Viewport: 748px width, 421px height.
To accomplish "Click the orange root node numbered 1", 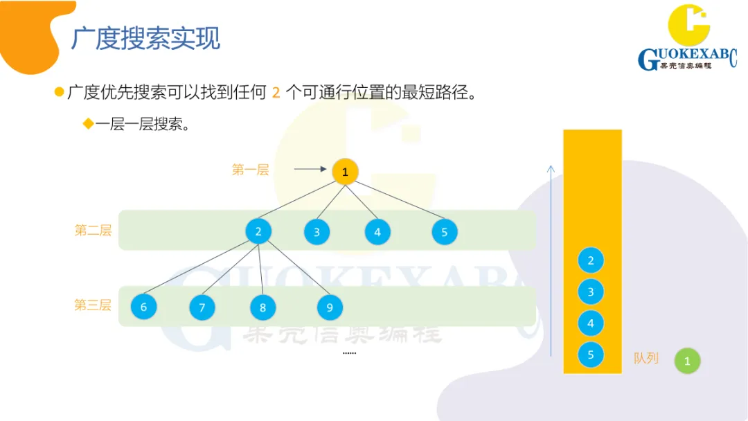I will click(345, 172).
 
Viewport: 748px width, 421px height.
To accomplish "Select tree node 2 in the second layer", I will click(258, 231).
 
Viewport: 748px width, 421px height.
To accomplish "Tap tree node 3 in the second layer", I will click(317, 232).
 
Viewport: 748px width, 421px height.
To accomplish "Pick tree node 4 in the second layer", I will click(377, 232).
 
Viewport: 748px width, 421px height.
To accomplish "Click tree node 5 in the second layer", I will click(445, 232).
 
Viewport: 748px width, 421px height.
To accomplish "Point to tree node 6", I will click(143, 307).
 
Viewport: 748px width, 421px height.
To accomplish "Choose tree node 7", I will click(202, 307).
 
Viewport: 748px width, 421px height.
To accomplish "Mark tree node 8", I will click(263, 307).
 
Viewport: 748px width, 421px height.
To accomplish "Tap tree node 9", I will click(330, 307).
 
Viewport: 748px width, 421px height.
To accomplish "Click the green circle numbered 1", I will click(687, 361).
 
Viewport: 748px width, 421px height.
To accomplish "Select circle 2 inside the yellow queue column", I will click(591, 261).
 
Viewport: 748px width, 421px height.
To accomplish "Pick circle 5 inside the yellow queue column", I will click(591, 355).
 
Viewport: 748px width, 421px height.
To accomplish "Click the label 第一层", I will click(250, 170).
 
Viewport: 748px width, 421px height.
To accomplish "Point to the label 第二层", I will click(93, 231).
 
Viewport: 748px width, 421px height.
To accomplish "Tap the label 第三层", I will click(93, 305).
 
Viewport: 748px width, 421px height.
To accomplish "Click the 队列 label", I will click(645, 359).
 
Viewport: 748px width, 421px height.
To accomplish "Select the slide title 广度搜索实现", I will click(145, 39).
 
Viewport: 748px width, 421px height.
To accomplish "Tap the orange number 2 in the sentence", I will click(276, 92).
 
